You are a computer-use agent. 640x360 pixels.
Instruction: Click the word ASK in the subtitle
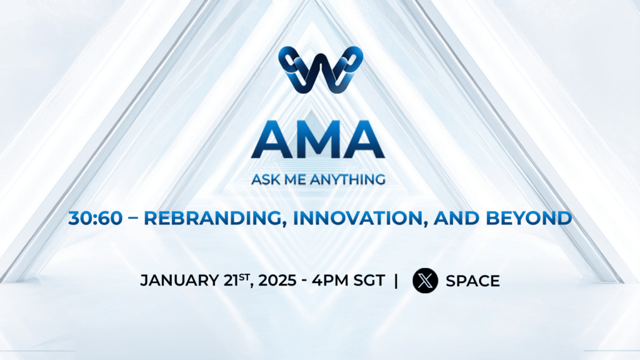coord(265,180)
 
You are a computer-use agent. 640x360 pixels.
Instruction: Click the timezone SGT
coord(369,281)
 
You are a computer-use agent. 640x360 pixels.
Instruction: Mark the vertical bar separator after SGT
coord(396,281)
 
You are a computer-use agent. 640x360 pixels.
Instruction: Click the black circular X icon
coord(425,281)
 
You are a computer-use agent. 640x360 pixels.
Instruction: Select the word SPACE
coord(472,281)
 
